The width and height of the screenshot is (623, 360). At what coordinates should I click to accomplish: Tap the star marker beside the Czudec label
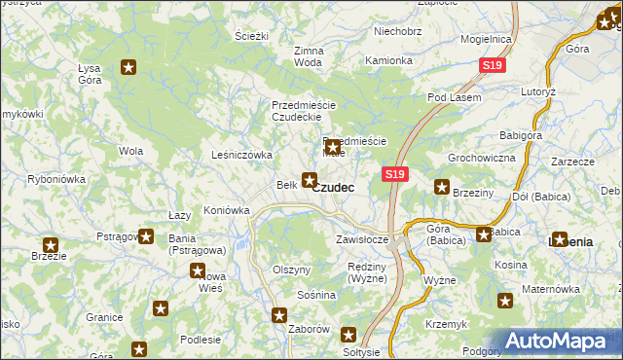pos(310,179)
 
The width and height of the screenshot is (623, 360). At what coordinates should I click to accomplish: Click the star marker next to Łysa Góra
pos(128,67)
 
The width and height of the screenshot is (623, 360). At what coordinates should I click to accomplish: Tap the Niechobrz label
pos(397,31)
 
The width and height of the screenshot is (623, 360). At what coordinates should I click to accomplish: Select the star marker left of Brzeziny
pos(442,188)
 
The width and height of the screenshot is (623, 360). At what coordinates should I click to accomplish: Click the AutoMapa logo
pos(562,342)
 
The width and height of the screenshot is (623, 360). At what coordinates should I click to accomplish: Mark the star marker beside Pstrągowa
pos(146,235)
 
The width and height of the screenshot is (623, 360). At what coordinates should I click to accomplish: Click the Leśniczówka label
pos(241,154)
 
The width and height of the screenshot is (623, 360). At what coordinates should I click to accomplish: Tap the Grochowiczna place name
pos(480,157)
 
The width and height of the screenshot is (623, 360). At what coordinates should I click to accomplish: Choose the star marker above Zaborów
pos(279,314)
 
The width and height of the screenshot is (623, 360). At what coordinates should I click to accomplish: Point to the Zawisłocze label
pos(362,238)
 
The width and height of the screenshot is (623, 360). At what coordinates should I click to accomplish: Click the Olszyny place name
pos(291,270)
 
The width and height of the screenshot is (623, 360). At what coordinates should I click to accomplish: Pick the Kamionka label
pos(388,60)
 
